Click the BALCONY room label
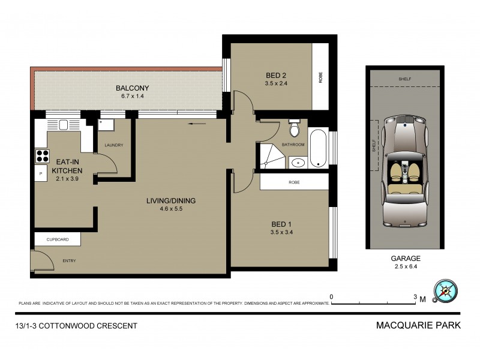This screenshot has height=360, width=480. pyautogui.click(x=132, y=88)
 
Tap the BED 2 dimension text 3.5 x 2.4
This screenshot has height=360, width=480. pyautogui.click(x=277, y=83)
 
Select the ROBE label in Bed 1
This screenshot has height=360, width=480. pyautogui.click(x=294, y=182)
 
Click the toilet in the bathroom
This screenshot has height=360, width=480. pyautogui.click(x=294, y=129)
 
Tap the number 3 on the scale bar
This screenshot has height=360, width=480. pyautogui.click(x=415, y=297)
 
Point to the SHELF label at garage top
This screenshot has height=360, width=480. pyautogui.click(x=406, y=79)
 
